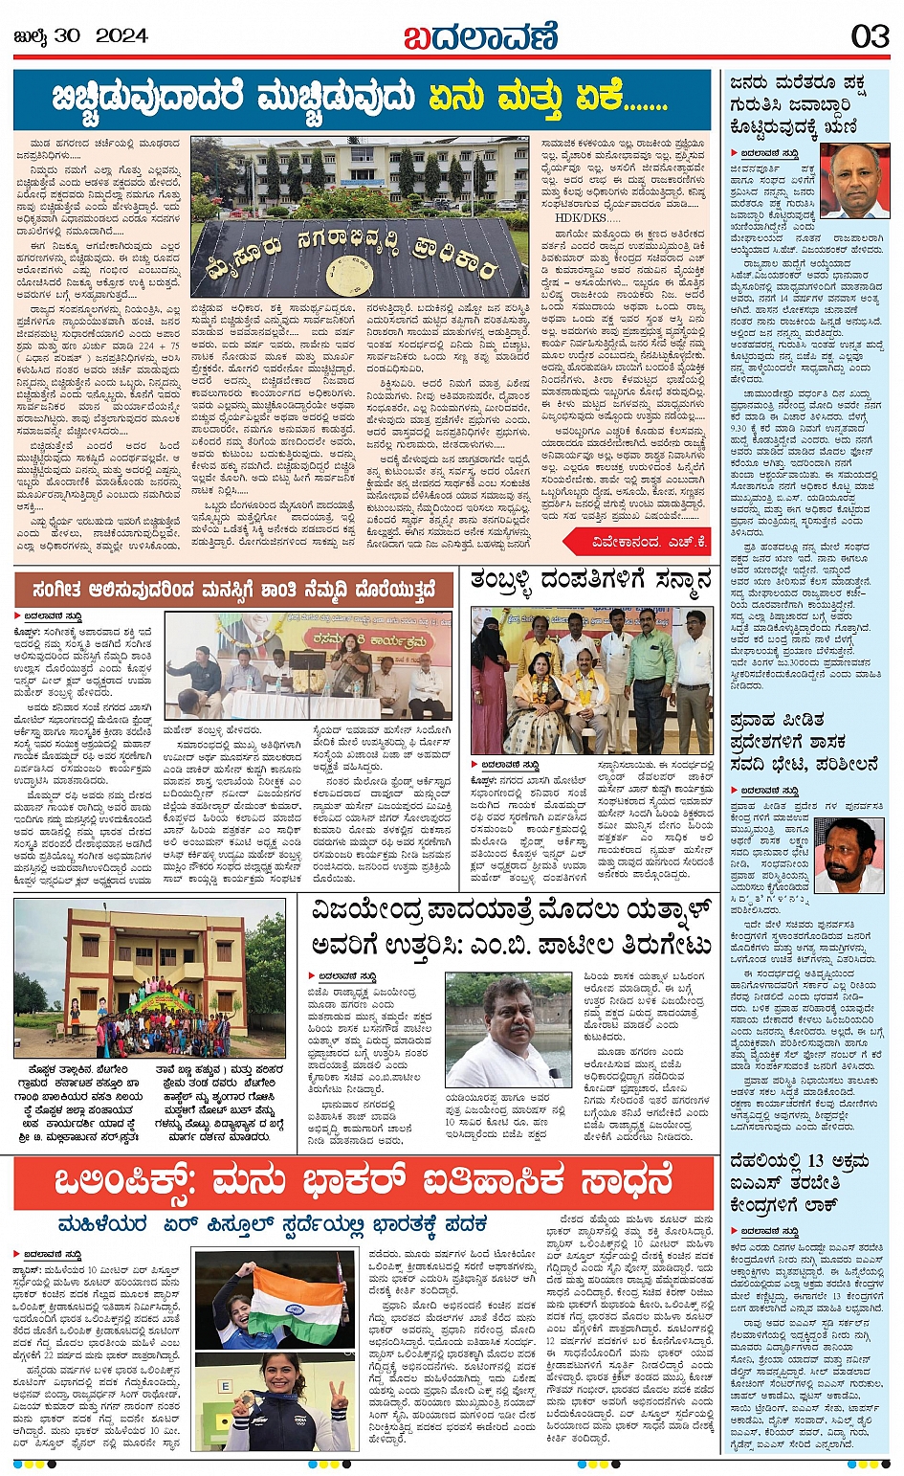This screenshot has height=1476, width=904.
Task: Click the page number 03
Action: tap(870, 36)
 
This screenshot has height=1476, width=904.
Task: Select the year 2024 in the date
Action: tap(121, 36)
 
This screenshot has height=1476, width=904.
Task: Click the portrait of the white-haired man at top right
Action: tap(854, 182)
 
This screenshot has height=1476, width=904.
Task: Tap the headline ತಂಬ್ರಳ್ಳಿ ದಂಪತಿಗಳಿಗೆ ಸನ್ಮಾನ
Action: tap(591, 582)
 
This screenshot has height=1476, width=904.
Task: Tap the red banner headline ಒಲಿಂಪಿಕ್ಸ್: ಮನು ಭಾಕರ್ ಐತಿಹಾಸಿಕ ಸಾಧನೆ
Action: tap(364, 1184)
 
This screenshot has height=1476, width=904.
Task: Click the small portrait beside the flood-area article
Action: tap(849, 854)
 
